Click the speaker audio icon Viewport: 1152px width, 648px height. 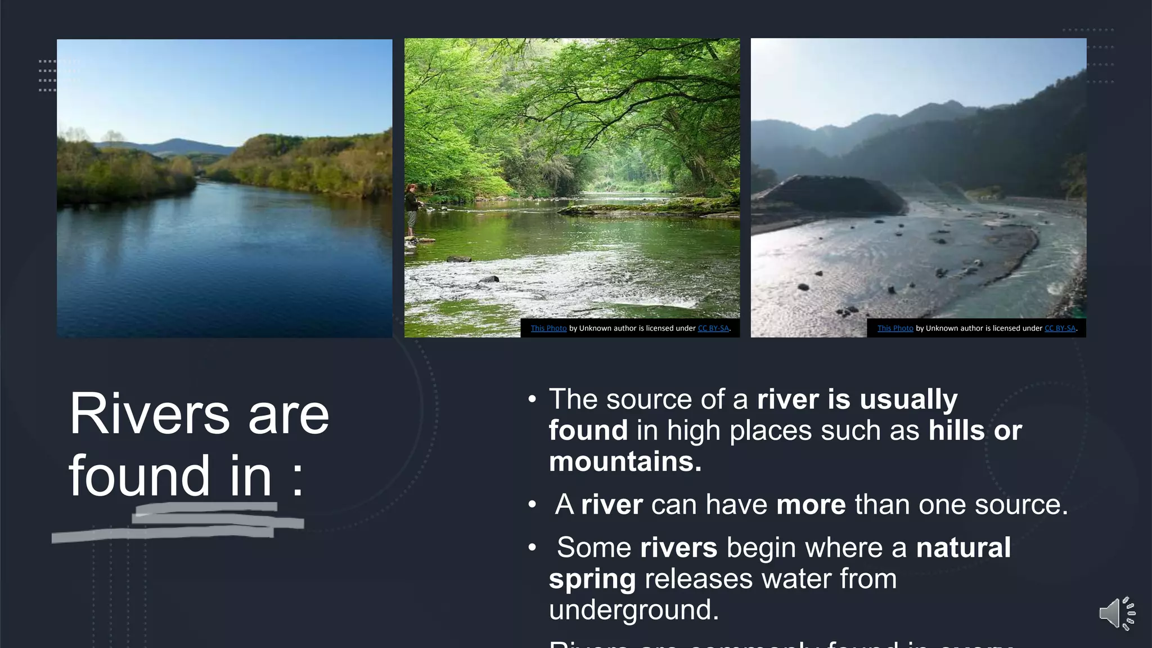pos(1116,613)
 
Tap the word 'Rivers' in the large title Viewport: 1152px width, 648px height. pos(149,415)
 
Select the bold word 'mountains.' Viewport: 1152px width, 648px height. pos(625,462)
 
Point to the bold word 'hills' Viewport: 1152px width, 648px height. pos(956,430)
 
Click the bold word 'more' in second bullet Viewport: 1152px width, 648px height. pos(811,505)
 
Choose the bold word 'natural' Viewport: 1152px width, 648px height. pos(963,548)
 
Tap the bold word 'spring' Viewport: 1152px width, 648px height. pos(592,579)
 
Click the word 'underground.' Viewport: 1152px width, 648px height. pos(633,610)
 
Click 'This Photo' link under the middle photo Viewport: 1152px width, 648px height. pos(548,328)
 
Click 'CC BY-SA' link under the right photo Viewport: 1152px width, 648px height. pos(1060,328)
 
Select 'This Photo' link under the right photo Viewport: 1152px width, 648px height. pos(895,328)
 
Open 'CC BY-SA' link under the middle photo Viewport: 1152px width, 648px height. pos(713,328)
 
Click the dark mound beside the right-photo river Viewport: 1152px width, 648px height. pos(827,194)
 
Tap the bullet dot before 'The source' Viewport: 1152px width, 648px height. pos(532,400)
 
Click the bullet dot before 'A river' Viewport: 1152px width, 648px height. pos(532,505)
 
